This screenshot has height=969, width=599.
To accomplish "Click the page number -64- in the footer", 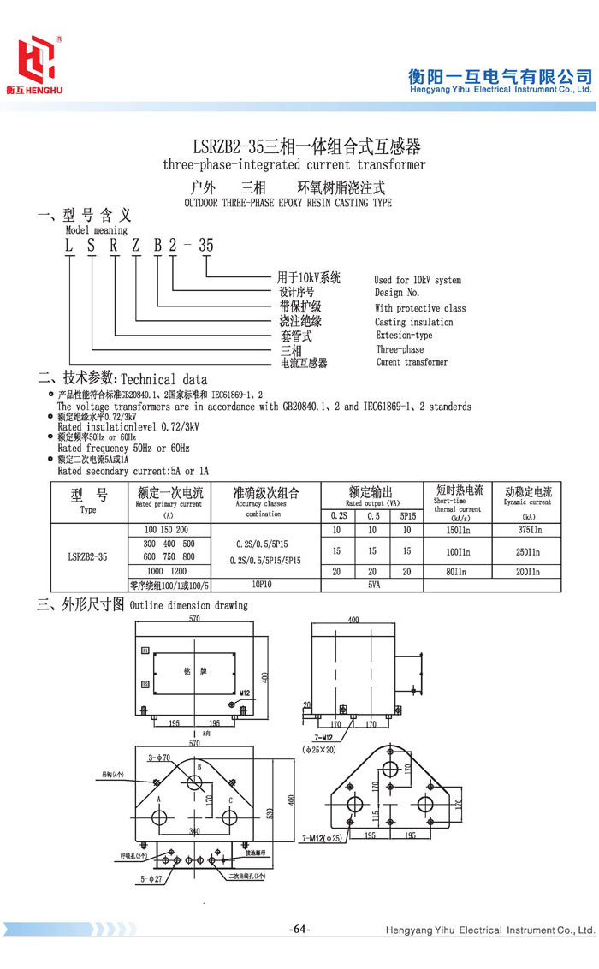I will pyautogui.click(x=299, y=930).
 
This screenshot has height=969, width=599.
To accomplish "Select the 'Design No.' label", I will pyautogui.click(x=397, y=293).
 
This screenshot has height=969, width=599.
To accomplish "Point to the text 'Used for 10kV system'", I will pyautogui.click(x=418, y=280).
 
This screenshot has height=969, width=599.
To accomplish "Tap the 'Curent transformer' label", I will pyautogui.click(x=412, y=362).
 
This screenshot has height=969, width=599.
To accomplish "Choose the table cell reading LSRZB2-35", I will pyautogui.click(x=87, y=556).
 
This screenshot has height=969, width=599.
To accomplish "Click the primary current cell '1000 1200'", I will pyautogui.click(x=166, y=571).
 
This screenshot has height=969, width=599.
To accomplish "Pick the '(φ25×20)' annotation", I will pyautogui.click(x=321, y=748).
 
